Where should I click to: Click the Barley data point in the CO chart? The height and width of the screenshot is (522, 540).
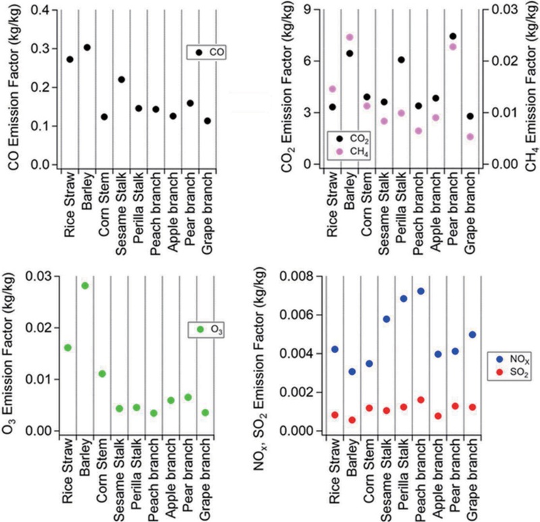coord(87,47)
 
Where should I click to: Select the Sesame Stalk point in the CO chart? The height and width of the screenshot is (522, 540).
coord(122,80)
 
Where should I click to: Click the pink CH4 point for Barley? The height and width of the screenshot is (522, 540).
coord(350,37)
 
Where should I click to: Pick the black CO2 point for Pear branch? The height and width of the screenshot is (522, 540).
coord(453,36)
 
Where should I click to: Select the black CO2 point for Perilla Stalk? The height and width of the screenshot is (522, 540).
coord(401,59)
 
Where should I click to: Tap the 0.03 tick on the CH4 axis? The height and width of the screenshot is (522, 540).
coord(500,10)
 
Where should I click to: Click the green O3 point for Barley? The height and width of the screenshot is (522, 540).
coord(85,286)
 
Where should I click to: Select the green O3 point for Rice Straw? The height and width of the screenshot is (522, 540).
coord(67,348)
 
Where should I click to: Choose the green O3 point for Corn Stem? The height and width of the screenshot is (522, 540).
coord(102,373)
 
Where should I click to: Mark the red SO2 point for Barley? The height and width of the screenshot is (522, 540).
coord(352,420)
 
